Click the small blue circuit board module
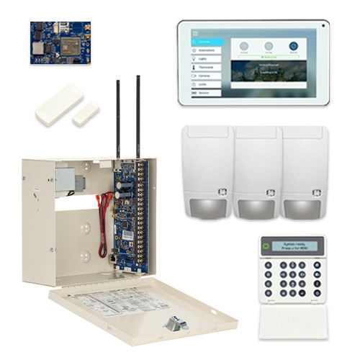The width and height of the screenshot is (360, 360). click(x=60, y=42)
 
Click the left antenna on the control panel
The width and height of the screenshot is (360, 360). click(x=117, y=119)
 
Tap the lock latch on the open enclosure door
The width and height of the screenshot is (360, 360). click(x=175, y=325)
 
